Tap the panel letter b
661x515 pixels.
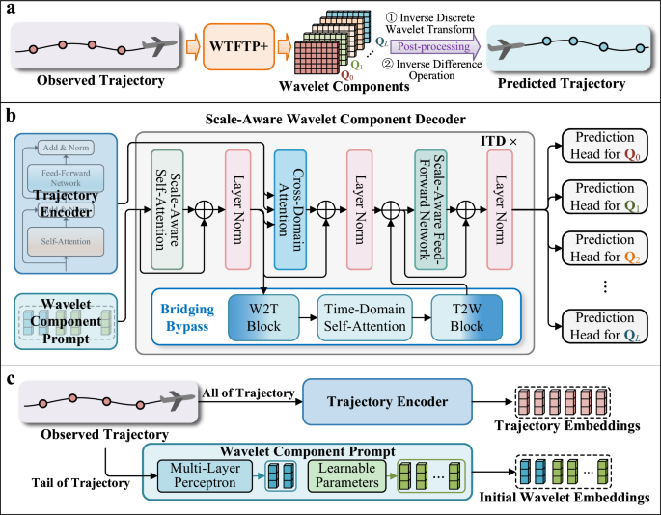pyautogui.click(x=12, y=114)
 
